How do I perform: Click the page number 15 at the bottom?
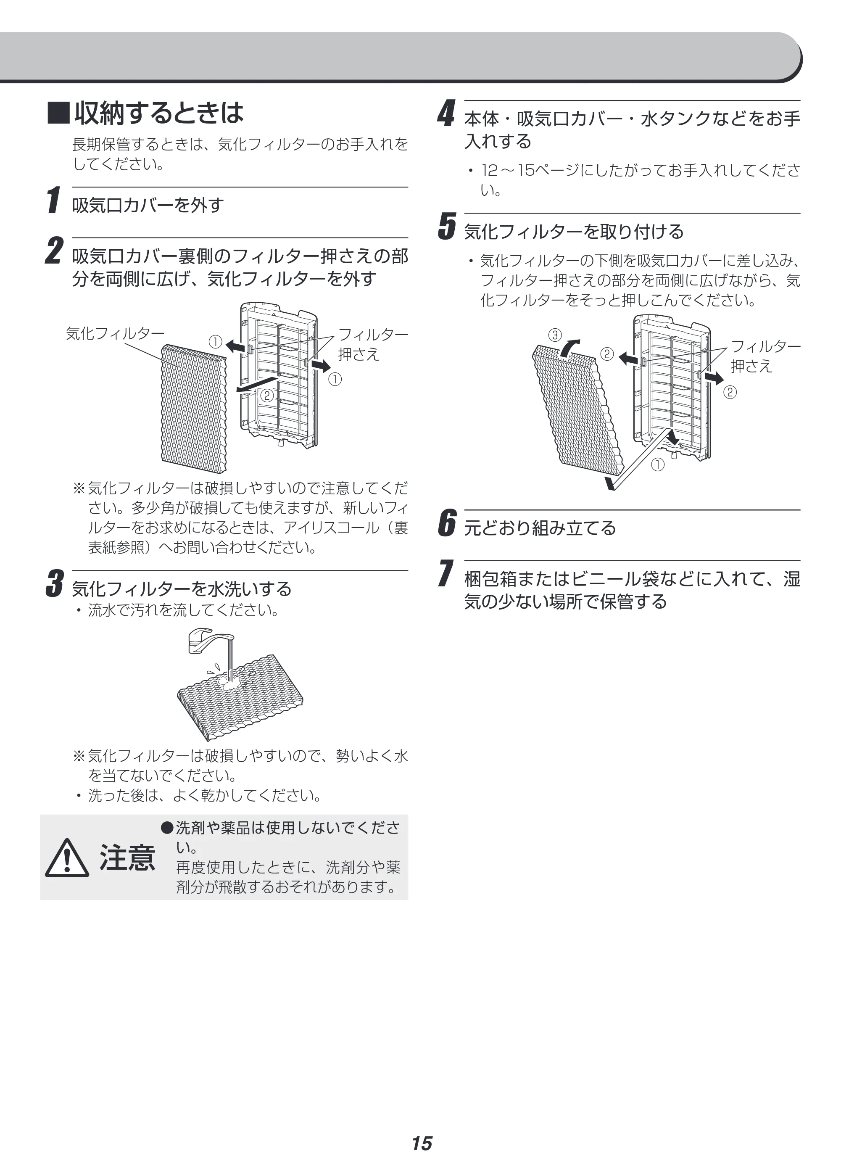click(x=422, y=1143)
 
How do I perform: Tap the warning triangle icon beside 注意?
click(x=67, y=858)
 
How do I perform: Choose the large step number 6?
click(x=447, y=523)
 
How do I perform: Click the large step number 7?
click(x=446, y=573)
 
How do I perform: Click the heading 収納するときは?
click(x=159, y=113)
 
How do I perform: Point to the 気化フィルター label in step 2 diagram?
click(x=116, y=334)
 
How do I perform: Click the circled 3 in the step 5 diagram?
click(x=555, y=335)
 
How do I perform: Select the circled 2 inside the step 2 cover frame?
click(x=267, y=395)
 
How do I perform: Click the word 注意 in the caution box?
click(x=127, y=858)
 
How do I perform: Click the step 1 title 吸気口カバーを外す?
click(x=148, y=205)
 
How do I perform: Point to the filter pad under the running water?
click(x=240, y=697)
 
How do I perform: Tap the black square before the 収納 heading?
click(x=58, y=113)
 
